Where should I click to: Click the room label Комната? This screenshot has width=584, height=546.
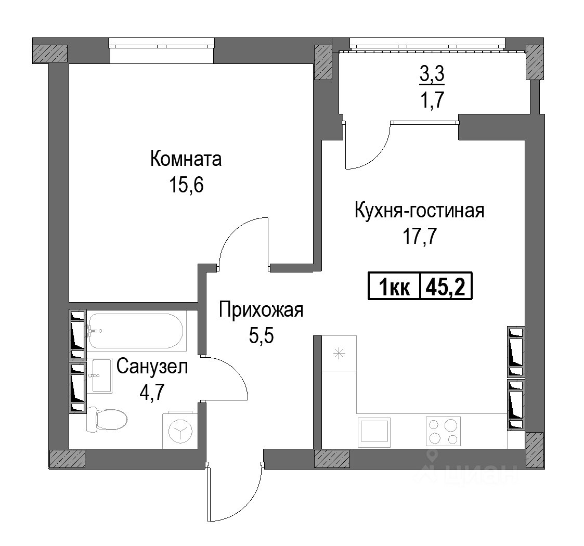pyautogui.click(x=186, y=159)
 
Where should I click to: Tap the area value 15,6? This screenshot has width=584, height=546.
pyautogui.click(x=186, y=185)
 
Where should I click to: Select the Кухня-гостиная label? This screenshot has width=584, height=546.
pyautogui.click(x=419, y=210)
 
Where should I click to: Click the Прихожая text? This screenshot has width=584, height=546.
pyautogui.click(x=261, y=310)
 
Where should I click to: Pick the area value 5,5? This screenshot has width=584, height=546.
pyautogui.click(x=261, y=335)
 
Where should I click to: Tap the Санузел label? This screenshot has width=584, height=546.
pyautogui.click(x=152, y=367)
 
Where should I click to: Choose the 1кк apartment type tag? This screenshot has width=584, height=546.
pyautogui.click(x=394, y=288)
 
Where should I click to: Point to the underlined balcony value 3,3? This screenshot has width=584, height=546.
pyautogui.click(x=432, y=74)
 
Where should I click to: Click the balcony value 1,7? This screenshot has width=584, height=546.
pyautogui.click(x=432, y=99)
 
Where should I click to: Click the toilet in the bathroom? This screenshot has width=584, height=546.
pyautogui.click(x=107, y=420)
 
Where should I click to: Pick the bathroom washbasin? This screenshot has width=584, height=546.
pyautogui.click(x=101, y=375)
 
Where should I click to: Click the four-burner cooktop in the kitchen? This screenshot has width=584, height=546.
pyautogui.click(x=443, y=431)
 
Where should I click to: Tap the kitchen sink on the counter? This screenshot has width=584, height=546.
pyautogui.click(x=374, y=432)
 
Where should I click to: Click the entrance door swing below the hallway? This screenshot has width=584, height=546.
pyautogui.click(x=234, y=496)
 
